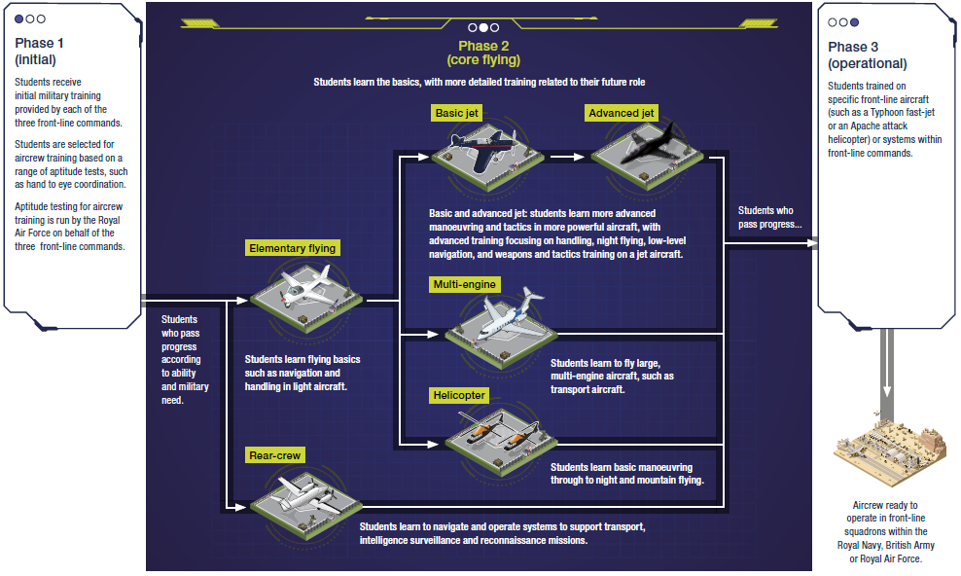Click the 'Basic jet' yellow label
coord(457,113)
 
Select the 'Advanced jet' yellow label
coord(621,113)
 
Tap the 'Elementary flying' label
coord(292,248)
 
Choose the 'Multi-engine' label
coord(466,284)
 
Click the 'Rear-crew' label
coord(275,455)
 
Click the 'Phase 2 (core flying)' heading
coord(483,53)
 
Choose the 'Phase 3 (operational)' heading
coord(867,55)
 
